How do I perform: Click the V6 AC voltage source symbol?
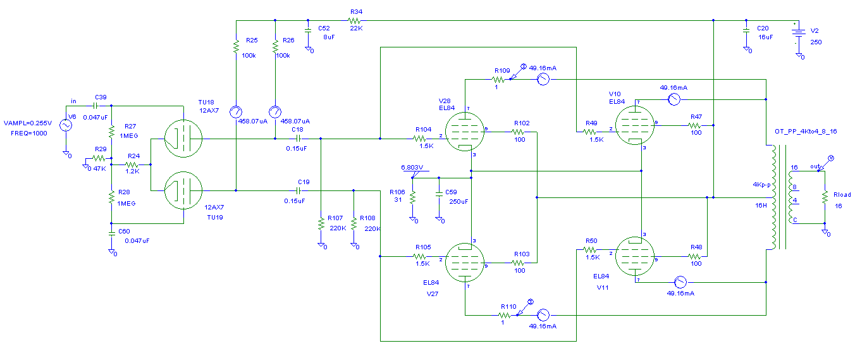coord(65,125)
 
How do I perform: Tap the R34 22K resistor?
coord(354,20)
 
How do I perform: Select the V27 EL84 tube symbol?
coord(465,261)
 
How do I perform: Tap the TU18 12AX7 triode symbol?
coord(183,139)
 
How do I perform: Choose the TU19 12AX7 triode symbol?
coord(183,190)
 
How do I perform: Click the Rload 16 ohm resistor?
coord(825,197)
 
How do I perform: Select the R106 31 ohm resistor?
coord(412,197)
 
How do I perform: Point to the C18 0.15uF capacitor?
coord(297,139)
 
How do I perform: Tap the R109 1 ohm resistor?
coord(500,80)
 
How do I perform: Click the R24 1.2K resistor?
coord(133,164)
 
